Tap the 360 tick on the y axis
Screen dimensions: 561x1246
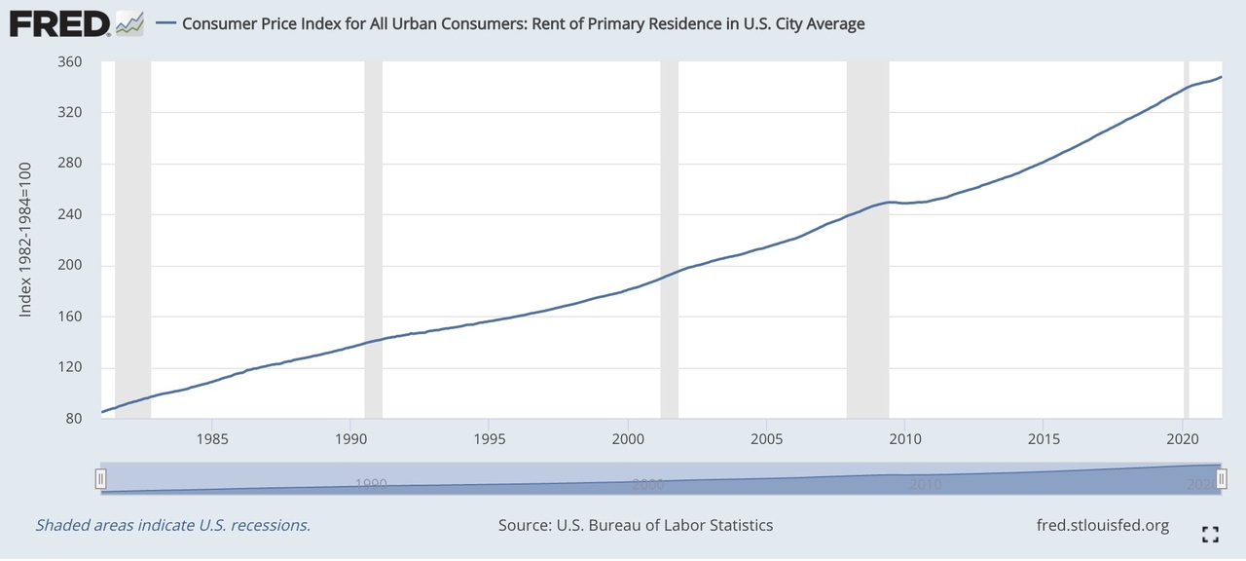[x=69, y=61]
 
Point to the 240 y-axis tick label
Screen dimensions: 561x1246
[x=69, y=214]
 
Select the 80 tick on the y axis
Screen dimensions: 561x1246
[x=73, y=419]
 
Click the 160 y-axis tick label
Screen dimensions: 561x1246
[x=69, y=317]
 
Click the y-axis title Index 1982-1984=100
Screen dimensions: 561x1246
[x=26, y=240]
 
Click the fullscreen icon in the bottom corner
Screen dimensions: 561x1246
[x=1210, y=533]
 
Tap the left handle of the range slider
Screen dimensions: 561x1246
[x=100, y=478]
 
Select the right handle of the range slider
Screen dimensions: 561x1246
[x=1221, y=478]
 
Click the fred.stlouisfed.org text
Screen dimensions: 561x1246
[x=1104, y=525]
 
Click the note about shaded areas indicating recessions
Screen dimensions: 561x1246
[x=172, y=525]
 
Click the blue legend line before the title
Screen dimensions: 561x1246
[x=165, y=23]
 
